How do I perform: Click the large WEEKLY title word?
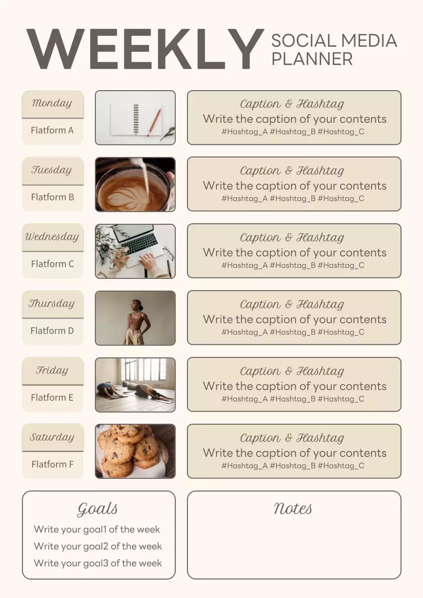pyautogui.click(x=145, y=49)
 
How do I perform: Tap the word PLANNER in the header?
pyautogui.click(x=312, y=59)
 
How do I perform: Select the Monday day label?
pyautogui.click(x=52, y=103)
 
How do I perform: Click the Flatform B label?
pyautogui.click(x=52, y=197)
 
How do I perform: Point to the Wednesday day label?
pyautogui.click(x=52, y=237)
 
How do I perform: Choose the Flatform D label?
pyautogui.click(x=52, y=331)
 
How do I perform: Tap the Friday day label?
pyautogui.click(x=52, y=370)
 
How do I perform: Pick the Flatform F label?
pyautogui.click(x=52, y=464)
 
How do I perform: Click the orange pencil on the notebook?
pyautogui.click(x=155, y=122)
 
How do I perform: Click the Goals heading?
pyautogui.click(x=98, y=509)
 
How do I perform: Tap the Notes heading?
pyautogui.click(x=293, y=508)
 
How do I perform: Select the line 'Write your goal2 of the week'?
pyautogui.click(x=98, y=546)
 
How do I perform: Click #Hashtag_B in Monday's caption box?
pyautogui.click(x=293, y=132)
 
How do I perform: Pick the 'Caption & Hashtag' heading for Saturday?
pyautogui.click(x=292, y=438)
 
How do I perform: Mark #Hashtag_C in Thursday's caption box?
pyautogui.click(x=341, y=332)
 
